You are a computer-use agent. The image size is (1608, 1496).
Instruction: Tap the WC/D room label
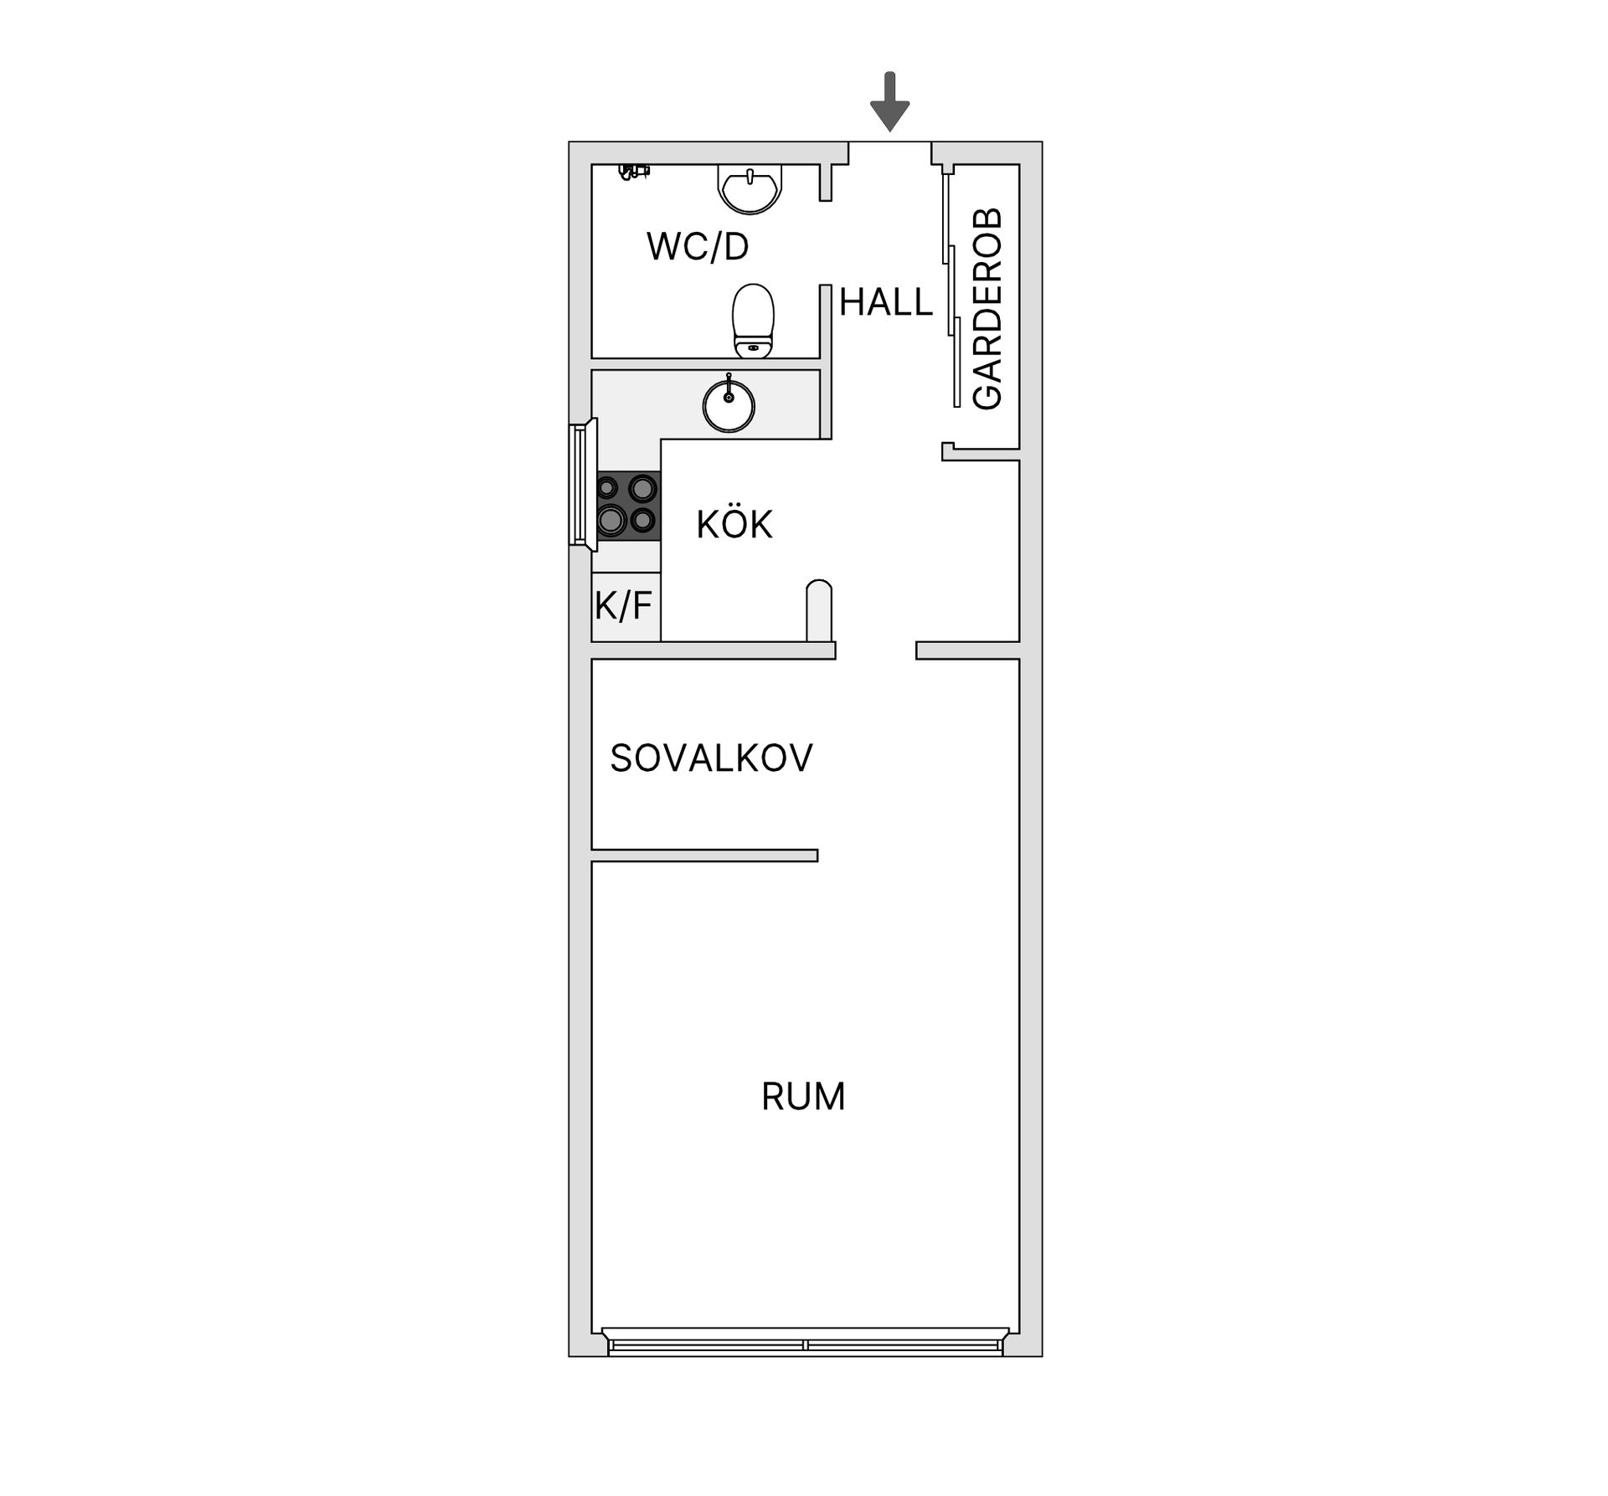698,247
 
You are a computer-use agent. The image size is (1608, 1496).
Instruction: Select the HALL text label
885,302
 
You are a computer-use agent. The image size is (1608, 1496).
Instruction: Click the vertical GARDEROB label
988,309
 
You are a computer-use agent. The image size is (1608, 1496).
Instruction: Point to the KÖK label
734,525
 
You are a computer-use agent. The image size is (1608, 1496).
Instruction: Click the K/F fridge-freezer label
624,606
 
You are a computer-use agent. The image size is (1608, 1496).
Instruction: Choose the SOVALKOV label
711,758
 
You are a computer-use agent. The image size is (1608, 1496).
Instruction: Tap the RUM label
802,1097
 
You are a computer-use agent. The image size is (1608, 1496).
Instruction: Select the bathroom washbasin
750,188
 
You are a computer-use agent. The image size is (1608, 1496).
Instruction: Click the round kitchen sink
729,407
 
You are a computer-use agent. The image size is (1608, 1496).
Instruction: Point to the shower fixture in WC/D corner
633,171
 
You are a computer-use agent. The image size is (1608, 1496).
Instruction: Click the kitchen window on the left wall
580,486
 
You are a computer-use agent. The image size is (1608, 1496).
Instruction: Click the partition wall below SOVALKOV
703,855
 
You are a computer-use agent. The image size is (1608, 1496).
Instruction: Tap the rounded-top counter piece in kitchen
819,611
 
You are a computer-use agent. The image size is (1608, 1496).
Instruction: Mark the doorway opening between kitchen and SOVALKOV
875,650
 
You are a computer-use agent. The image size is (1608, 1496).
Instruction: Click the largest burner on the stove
611,520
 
